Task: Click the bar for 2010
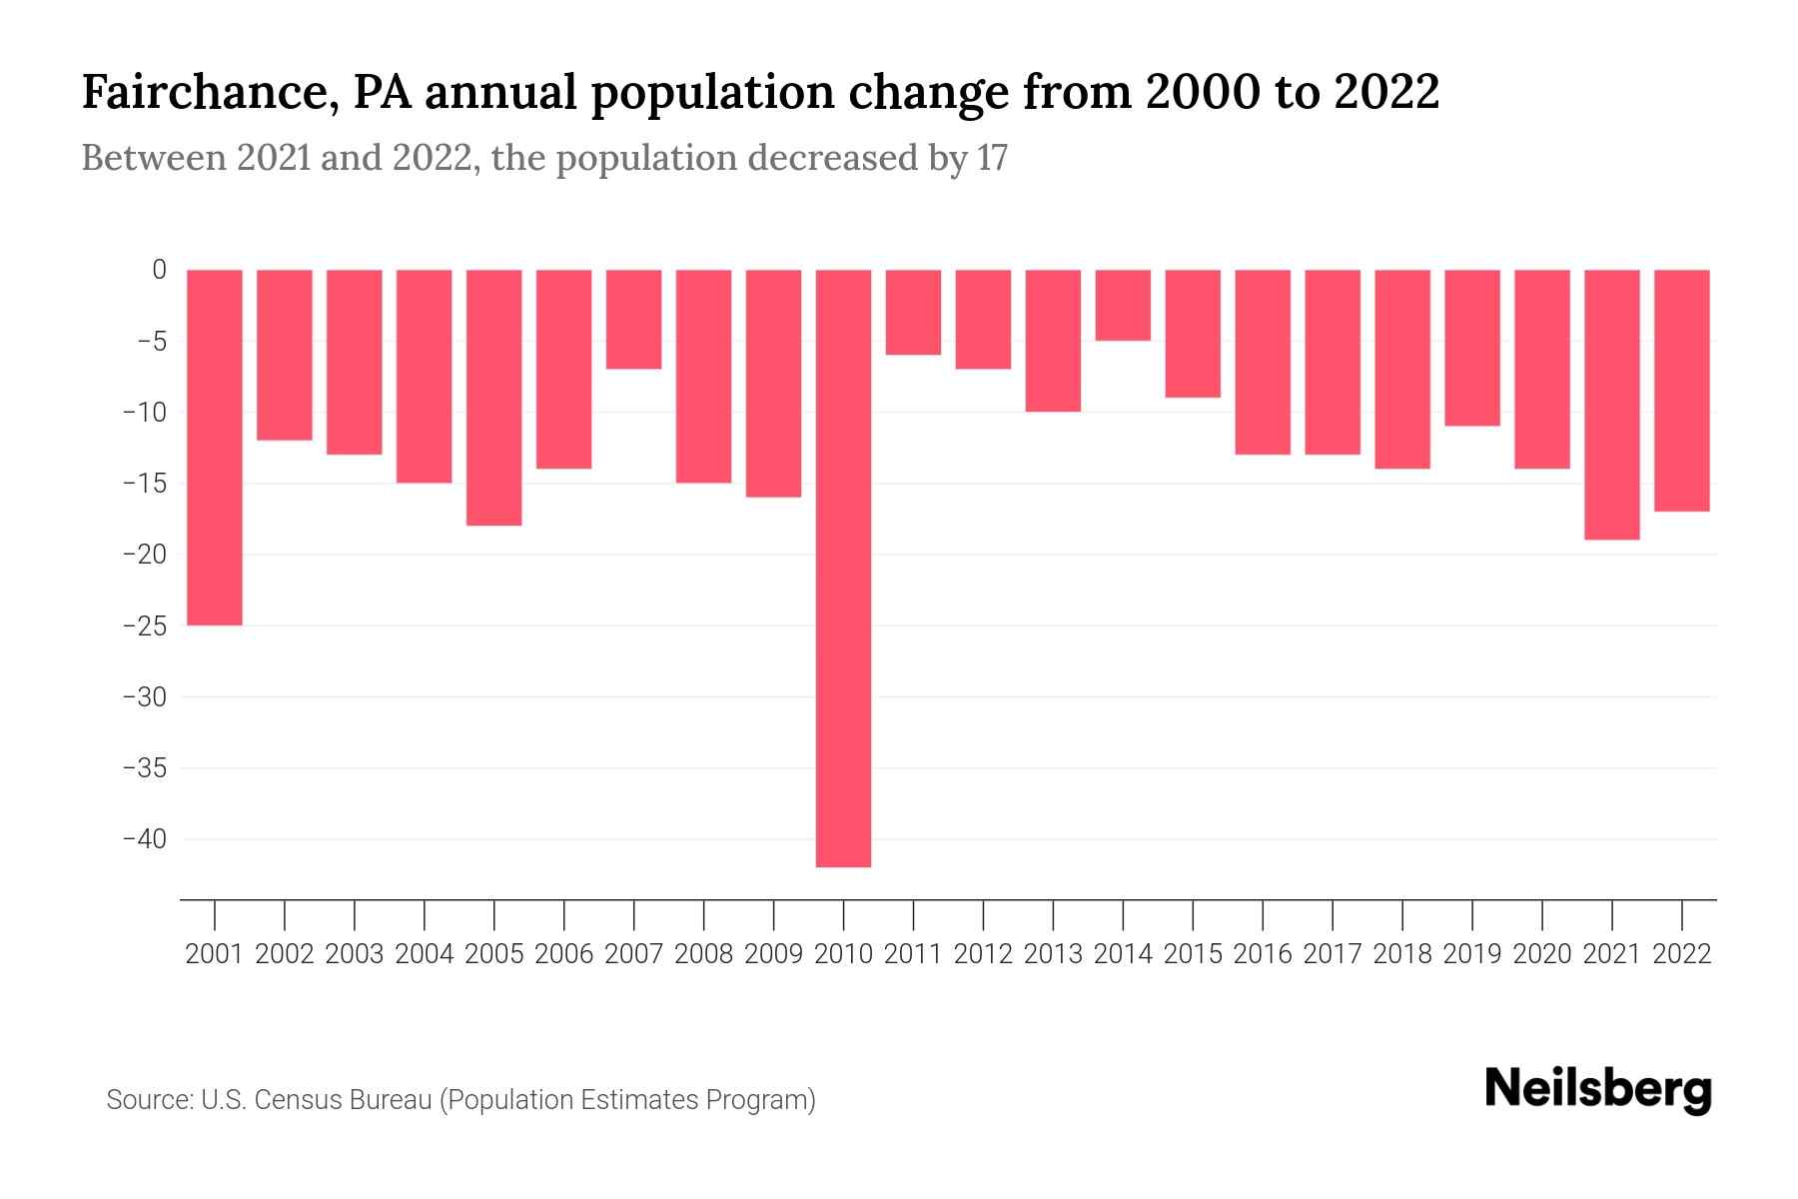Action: tap(843, 568)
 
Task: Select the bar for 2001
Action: tap(215, 447)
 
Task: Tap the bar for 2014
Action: tap(1123, 305)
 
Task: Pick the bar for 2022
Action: tap(1682, 390)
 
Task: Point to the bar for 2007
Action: tap(634, 319)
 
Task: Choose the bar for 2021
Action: tap(1612, 404)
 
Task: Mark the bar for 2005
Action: tap(494, 397)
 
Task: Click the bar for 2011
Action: tap(913, 312)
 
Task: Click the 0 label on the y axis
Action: tap(159, 270)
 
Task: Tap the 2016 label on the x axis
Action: tap(1263, 954)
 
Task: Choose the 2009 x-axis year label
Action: tap(774, 954)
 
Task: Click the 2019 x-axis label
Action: tap(1472, 954)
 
